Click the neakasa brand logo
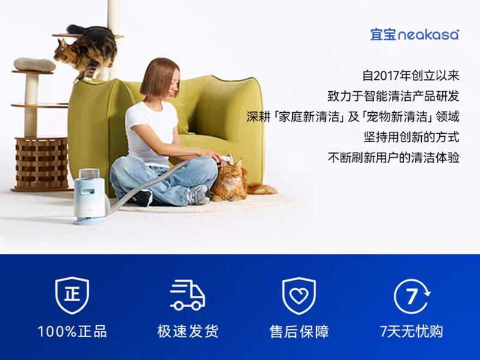[415, 34]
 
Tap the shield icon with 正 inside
[72, 295]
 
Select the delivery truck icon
[187, 295]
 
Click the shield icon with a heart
[299, 295]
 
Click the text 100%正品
[72, 331]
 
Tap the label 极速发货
[188, 331]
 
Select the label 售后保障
[299, 331]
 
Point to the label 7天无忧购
[412, 331]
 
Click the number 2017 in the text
[389, 76]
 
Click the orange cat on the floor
[232, 180]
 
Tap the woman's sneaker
[197, 194]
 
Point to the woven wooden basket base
[41, 163]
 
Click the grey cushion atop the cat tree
[35, 64]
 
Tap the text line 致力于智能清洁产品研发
[393, 97]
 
